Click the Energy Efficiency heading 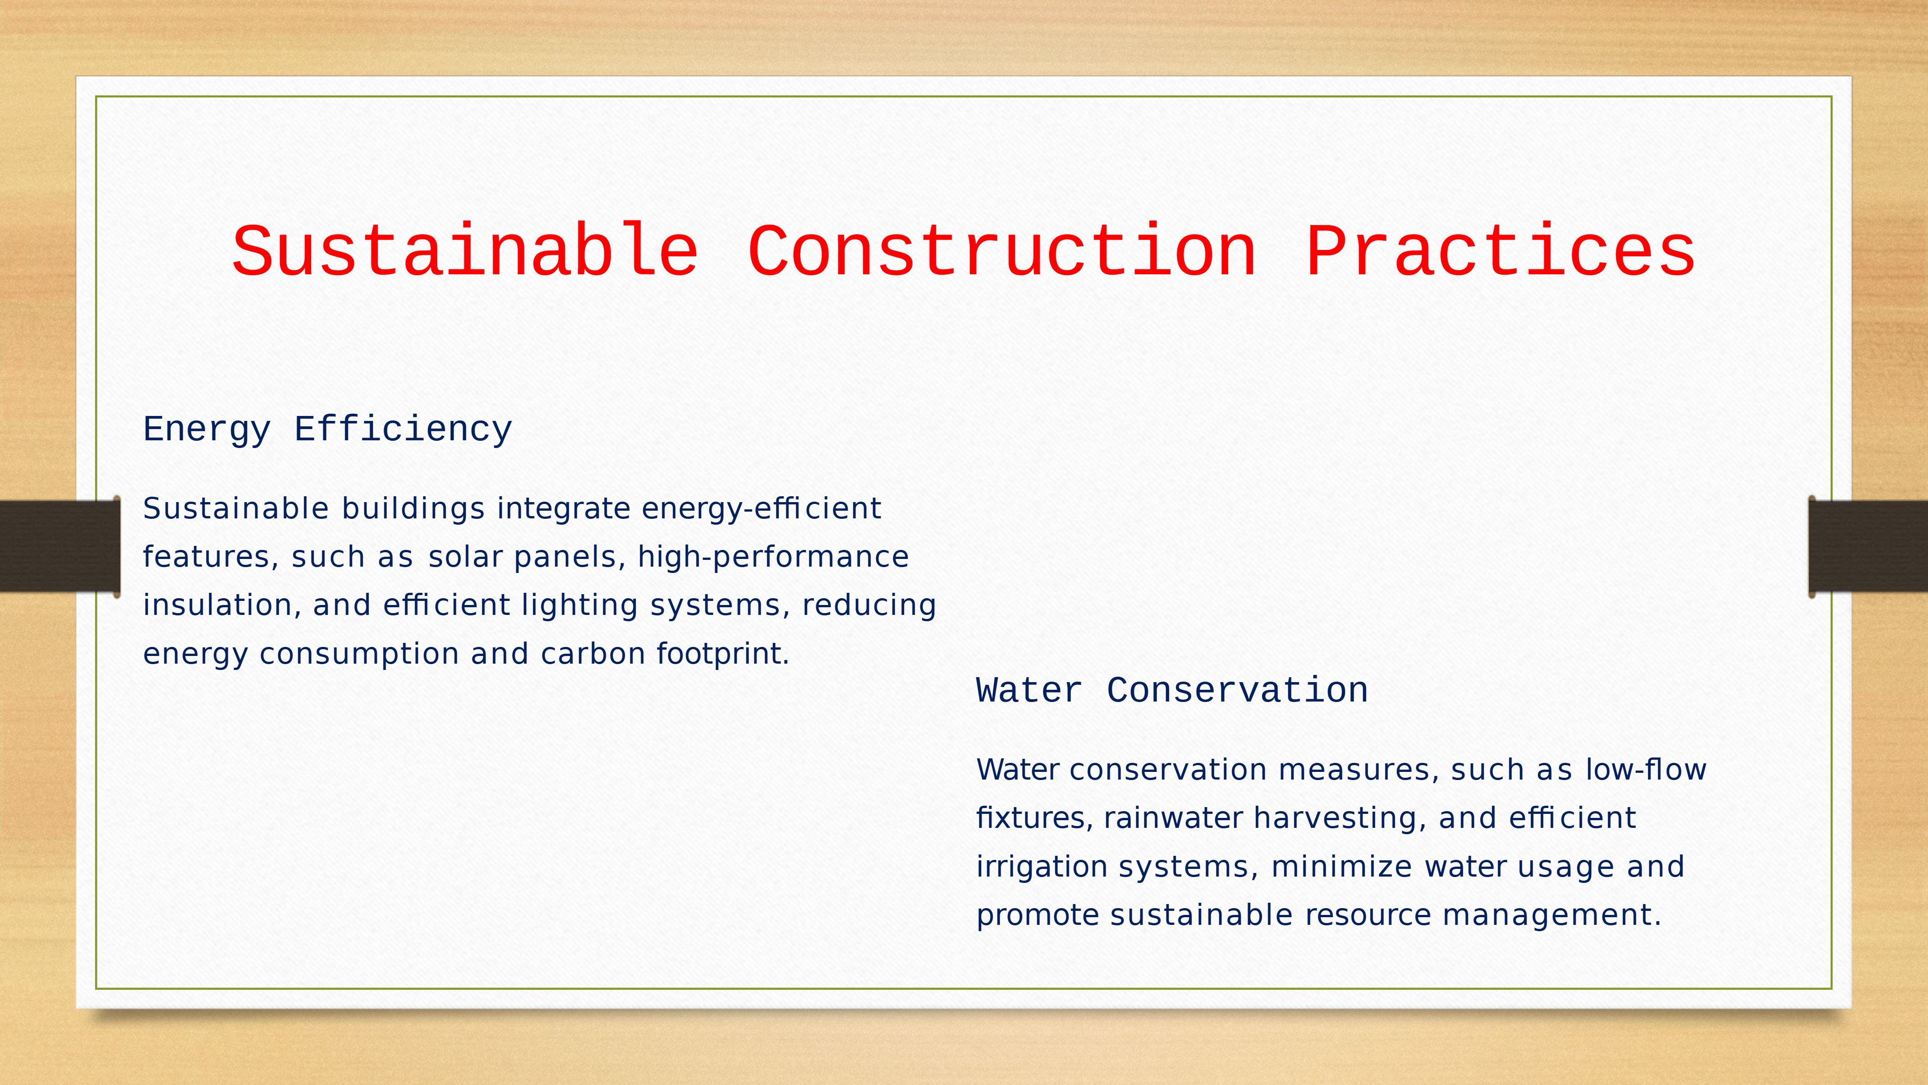click(x=328, y=430)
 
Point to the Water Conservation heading click(x=1172, y=690)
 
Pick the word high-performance click(x=773, y=557)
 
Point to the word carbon click(x=593, y=654)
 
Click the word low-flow click(x=1646, y=769)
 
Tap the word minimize click(x=1342, y=866)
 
